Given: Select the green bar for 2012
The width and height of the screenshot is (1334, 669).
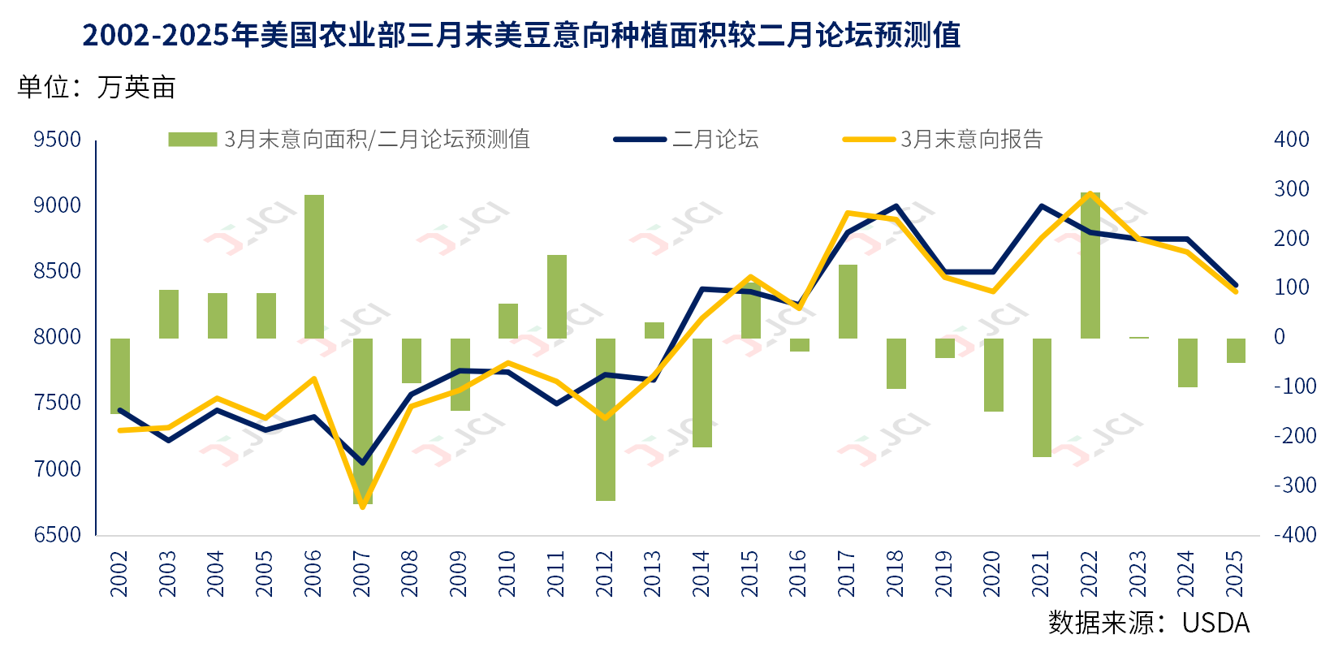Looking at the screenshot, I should point(606,419).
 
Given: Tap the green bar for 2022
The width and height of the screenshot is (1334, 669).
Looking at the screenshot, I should point(1090,265).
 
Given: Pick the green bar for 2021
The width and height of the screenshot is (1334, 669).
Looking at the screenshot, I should point(1042,397).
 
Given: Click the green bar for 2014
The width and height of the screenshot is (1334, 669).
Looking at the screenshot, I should point(702,392).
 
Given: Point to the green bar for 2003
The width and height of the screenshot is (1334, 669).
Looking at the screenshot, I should point(169,313).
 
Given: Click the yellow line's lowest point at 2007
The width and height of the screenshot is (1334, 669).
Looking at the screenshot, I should point(363,507).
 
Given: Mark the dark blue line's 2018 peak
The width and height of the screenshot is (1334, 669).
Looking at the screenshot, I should point(896,206).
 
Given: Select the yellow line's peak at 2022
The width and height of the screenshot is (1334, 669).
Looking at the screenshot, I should point(1090,193).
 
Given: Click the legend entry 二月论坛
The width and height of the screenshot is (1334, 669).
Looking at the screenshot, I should point(714,140).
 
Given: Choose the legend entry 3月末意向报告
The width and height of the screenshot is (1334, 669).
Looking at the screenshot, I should point(971,140).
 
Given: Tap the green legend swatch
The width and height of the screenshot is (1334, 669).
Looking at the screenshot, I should point(192,140).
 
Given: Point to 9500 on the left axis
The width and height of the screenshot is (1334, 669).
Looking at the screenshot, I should point(58,140).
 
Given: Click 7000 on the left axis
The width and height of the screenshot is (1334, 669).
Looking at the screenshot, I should point(58,469).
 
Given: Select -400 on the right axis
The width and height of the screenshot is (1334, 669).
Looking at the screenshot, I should point(1295,535).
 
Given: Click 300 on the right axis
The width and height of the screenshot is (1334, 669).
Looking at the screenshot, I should point(1292,189).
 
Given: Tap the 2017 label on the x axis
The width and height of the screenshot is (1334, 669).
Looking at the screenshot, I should point(847,573).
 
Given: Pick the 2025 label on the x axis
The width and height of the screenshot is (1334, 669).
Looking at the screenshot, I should point(1235,573).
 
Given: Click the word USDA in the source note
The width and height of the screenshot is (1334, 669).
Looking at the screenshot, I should point(1215,623).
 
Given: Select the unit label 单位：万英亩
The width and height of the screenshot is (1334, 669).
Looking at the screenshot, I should point(97,88).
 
